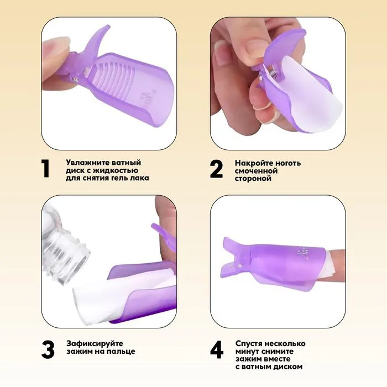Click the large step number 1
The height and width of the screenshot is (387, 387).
point(45,169)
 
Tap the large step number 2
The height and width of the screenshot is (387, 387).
point(216,169)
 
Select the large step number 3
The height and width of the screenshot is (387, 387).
point(48,350)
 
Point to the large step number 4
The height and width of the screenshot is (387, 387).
point(217,350)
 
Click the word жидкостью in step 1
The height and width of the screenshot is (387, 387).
point(114,170)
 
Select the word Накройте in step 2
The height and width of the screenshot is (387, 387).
point(254,163)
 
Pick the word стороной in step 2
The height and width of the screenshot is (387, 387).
point(253,178)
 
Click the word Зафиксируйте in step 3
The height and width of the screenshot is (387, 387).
point(95,343)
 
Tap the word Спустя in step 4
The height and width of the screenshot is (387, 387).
point(249,343)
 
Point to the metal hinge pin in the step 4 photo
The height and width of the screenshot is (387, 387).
point(240,265)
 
